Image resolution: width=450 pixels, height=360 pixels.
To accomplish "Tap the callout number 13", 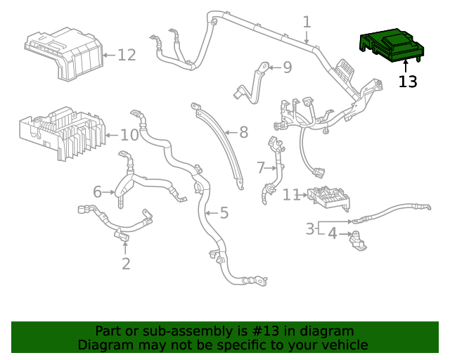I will click(408, 82).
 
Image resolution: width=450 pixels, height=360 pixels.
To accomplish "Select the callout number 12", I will click(127, 54).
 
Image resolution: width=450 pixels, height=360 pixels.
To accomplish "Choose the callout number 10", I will click(129, 135).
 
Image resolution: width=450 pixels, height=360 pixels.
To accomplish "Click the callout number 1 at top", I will click(307, 22).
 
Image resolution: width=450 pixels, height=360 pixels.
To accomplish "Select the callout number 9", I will click(287, 67).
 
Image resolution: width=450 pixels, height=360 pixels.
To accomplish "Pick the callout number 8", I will click(244, 131).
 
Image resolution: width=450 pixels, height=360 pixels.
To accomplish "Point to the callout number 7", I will click(260, 168).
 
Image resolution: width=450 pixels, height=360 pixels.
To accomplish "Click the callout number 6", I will click(98, 191).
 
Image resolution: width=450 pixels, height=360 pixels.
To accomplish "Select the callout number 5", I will click(224, 212).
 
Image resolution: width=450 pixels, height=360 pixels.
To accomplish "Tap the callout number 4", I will click(333, 233).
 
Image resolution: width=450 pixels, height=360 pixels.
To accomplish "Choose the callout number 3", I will click(310, 229).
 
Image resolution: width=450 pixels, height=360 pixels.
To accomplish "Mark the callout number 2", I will click(126, 264).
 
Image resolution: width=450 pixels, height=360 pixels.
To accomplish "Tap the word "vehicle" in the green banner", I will click(342, 345).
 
